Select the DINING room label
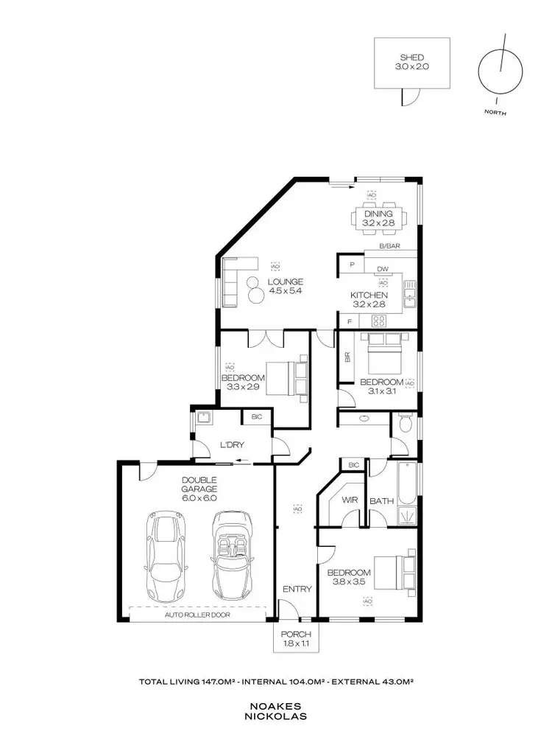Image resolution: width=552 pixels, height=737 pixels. tap(378, 214)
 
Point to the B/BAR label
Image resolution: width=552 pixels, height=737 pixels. tap(389, 247)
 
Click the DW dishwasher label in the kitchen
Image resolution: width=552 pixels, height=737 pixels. tap(382, 269)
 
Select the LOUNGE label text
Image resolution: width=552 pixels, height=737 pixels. tap(286, 282)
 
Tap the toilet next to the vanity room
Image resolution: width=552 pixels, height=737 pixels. tap(403, 425)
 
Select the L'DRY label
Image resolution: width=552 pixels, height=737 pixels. tap(232, 444)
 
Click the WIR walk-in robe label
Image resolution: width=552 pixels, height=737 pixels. tap(350, 500)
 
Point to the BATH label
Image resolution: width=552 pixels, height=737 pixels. tap(381, 500)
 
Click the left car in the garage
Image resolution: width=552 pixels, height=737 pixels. tap(166, 554)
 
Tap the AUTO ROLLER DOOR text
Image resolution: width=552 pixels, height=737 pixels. tap(197, 613)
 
